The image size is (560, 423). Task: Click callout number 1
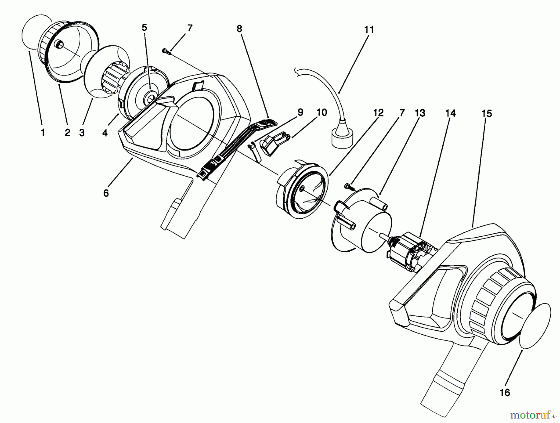43,133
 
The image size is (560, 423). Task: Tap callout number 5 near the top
144,27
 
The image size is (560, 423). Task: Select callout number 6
106,193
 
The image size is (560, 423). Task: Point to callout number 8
239,29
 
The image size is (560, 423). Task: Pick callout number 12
378,113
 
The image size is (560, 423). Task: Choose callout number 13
420,113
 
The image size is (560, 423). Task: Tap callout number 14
450,114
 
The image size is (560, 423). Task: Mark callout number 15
487,114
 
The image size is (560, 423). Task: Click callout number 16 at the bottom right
505,393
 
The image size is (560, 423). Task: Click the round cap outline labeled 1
31,31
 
